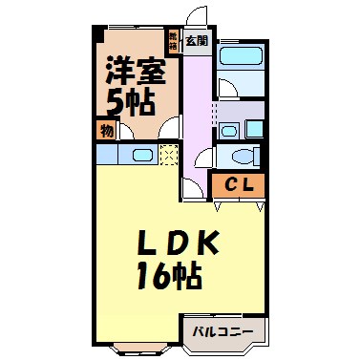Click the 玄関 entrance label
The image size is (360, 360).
(197, 41)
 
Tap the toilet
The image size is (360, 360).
(242, 157)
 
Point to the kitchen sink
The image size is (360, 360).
(141, 156)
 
